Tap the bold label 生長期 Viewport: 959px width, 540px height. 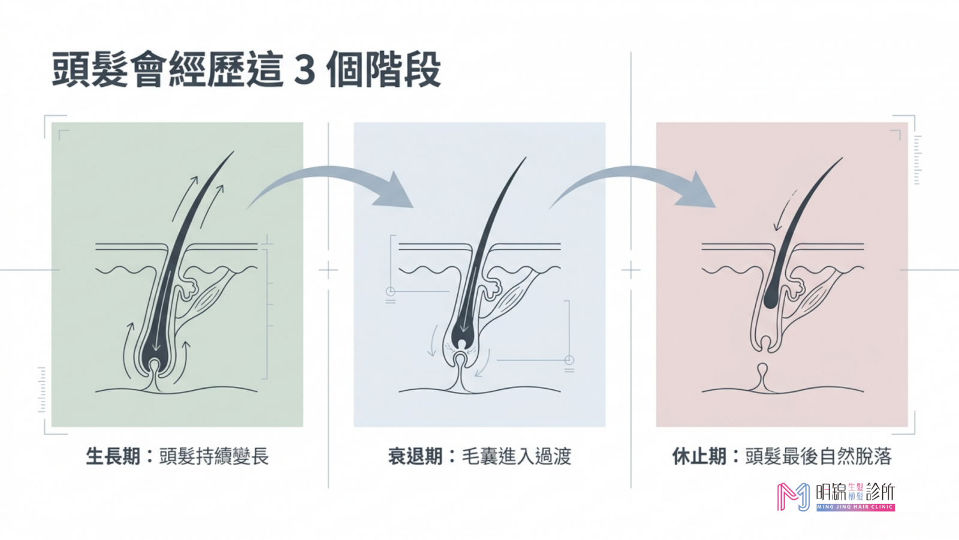(113, 456)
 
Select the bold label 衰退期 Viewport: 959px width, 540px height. (415, 456)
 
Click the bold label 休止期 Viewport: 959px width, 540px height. (699, 456)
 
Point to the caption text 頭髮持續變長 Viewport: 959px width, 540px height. (214, 456)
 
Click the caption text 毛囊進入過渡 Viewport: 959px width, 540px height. (516, 456)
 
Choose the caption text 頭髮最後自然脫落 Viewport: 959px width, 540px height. (819, 456)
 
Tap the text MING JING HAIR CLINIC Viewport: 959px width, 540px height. (855, 507)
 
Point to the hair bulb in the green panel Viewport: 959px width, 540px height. (154, 356)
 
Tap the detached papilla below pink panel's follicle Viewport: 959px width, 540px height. (762, 376)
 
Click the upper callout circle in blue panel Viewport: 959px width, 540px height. (390, 292)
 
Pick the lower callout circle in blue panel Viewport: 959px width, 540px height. (569, 360)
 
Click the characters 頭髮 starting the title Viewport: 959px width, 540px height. (90, 70)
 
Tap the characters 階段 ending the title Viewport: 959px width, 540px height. (403, 70)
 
